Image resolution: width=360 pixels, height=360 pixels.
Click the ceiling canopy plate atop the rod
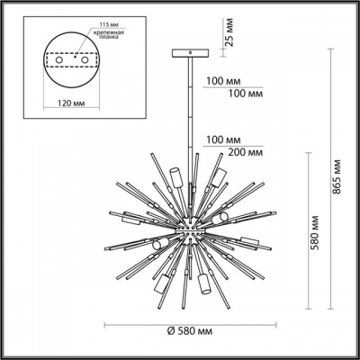[x=192, y=56]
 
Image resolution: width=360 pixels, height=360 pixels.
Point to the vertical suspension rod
[x=192, y=135]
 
